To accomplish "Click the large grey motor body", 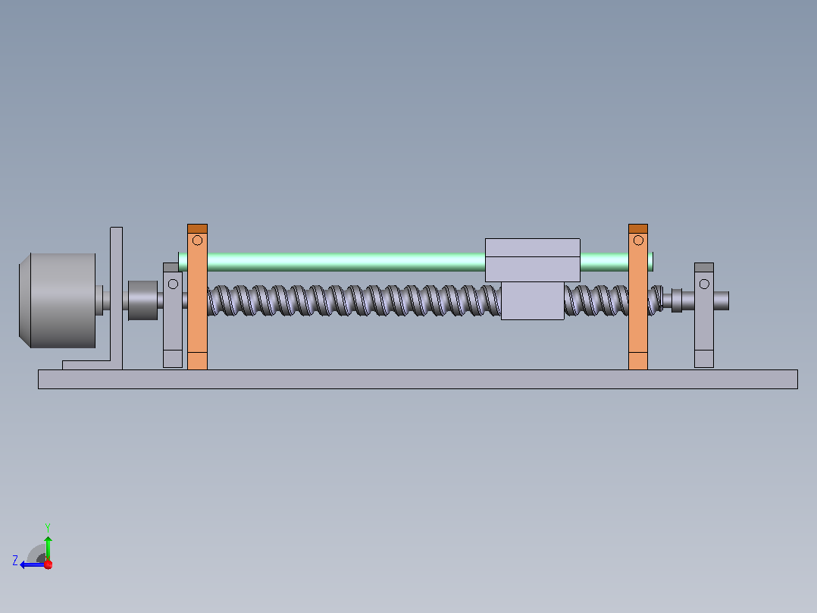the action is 58,300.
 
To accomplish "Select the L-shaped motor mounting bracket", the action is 116,313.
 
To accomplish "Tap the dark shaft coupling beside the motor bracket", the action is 142,300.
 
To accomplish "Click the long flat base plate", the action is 418,379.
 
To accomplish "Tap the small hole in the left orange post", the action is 198,240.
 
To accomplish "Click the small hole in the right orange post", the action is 638,240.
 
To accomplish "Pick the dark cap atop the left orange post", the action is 198,228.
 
